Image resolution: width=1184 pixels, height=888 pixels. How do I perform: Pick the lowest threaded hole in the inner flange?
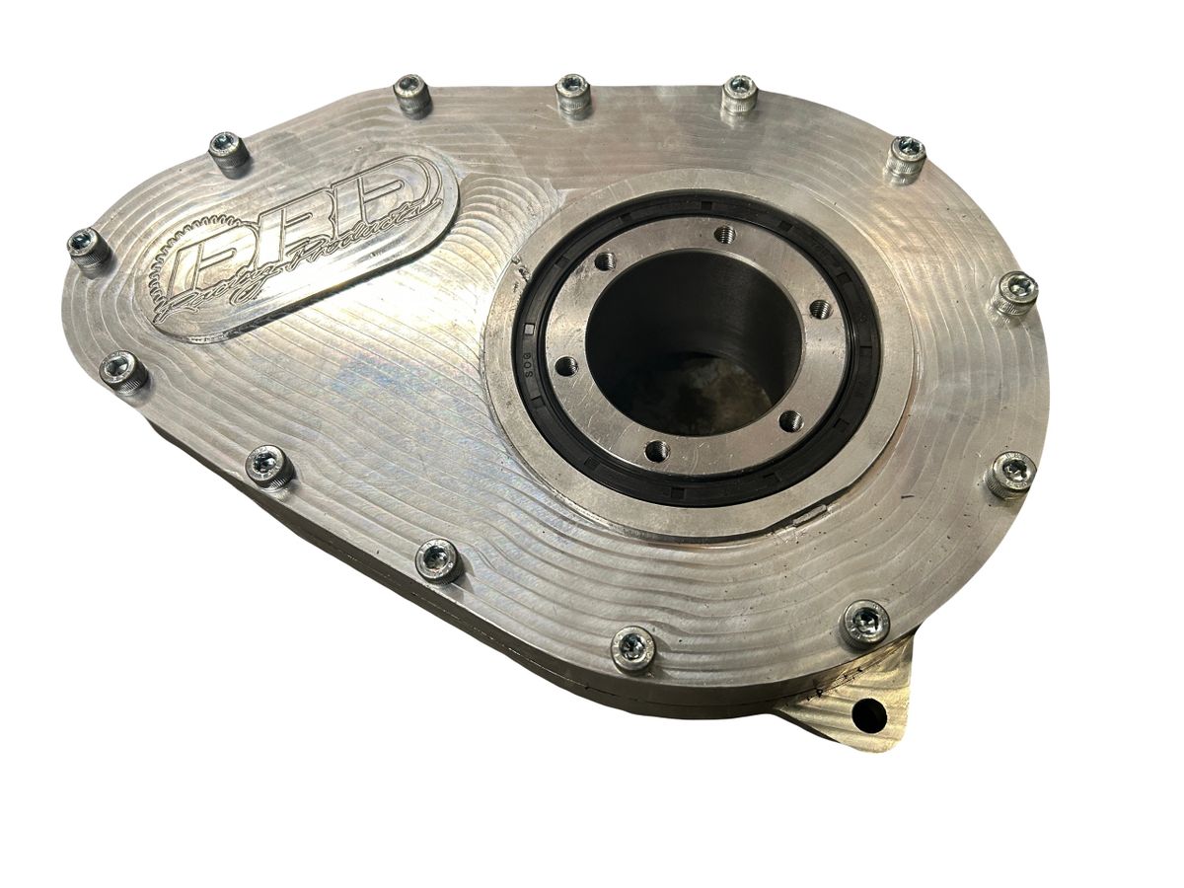[x=655, y=451]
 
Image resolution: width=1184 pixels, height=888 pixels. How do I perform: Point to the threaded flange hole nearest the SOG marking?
[x=565, y=366]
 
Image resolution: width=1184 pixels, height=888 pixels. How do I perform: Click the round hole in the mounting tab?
[x=868, y=710]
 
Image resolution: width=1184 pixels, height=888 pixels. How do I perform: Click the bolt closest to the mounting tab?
[x=865, y=622]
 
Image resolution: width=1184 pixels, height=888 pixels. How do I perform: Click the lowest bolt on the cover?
[x=632, y=647]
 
